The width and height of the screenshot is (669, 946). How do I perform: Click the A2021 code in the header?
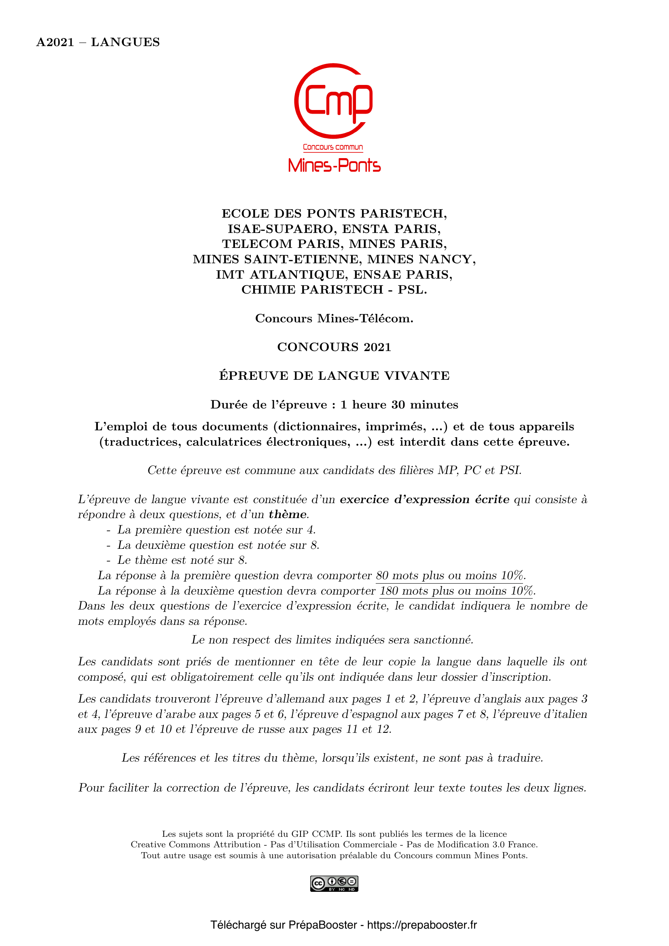point(55,42)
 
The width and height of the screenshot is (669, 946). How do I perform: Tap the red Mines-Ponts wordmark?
point(334,165)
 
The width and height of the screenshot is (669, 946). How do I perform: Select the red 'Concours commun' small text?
point(333,147)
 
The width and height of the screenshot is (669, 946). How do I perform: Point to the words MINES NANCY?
point(421,259)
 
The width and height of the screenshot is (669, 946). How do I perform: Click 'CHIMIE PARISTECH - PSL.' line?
point(334,290)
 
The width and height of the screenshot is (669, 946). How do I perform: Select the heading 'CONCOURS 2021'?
point(334,347)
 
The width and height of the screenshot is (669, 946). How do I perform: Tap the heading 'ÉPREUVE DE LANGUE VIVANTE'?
point(334,376)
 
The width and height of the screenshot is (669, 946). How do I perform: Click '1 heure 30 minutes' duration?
point(399,404)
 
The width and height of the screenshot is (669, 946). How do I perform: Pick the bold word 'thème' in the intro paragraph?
point(288,514)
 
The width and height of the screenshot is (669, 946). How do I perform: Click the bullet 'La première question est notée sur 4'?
point(216,530)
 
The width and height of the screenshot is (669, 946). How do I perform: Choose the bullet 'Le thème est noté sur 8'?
point(182,560)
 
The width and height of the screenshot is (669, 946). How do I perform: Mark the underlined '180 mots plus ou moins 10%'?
point(456,591)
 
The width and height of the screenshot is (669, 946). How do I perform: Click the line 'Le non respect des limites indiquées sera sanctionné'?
point(332,640)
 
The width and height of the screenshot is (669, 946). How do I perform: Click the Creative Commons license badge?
point(334,884)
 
